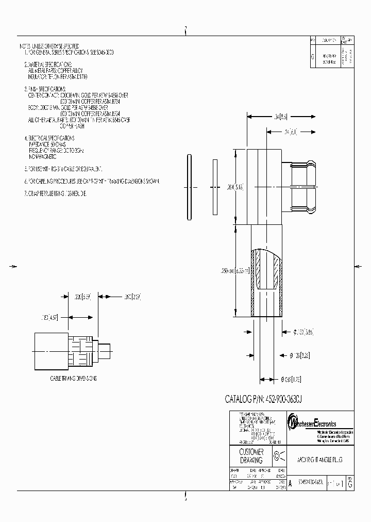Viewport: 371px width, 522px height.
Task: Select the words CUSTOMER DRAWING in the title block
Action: coord(251,456)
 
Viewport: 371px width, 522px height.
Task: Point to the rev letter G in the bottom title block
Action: coord(350,484)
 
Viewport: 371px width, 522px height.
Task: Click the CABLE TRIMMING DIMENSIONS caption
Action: coord(74,378)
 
